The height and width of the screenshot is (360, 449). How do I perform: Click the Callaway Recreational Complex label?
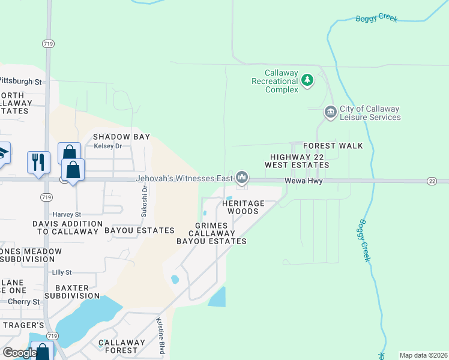(274, 81)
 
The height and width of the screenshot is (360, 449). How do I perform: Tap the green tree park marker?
(307, 80)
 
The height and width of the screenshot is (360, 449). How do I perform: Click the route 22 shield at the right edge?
(432, 181)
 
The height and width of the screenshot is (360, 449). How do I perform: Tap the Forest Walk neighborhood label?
(333, 146)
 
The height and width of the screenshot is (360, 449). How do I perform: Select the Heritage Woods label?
(244, 207)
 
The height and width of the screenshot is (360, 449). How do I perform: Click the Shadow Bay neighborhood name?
(121, 137)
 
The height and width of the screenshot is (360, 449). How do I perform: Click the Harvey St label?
(67, 214)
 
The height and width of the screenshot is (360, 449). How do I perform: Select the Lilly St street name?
(62, 272)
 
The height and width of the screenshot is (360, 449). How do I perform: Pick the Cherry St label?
(25, 302)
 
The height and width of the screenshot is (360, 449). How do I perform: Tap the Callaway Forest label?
(122, 346)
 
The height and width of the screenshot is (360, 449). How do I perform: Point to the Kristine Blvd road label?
(160, 336)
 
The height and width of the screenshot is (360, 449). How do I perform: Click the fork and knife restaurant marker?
(38, 163)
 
